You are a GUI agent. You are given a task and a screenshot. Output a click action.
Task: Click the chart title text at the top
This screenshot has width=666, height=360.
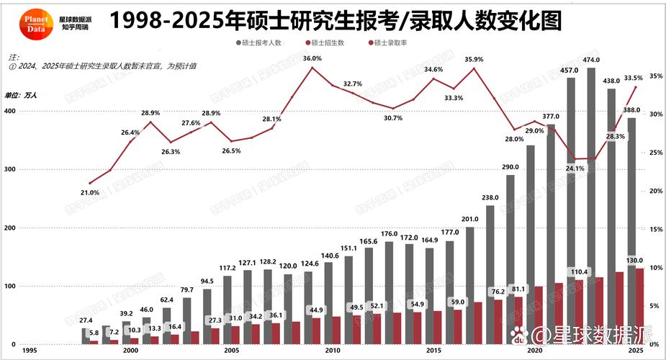tap(336, 21)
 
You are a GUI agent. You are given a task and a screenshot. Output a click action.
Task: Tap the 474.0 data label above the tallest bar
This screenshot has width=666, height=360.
tap(591, 60)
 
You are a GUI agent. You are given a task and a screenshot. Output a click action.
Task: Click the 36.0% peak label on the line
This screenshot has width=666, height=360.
tap(312, 58)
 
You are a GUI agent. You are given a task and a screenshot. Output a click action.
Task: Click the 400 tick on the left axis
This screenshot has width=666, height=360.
tap(9, 111)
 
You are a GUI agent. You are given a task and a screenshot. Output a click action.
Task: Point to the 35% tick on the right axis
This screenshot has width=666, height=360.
tap(655, 76)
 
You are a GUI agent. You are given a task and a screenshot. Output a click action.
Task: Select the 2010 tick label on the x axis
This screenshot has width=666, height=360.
tap(332, 351)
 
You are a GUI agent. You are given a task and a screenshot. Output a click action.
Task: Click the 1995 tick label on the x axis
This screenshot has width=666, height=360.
tap(30, 351)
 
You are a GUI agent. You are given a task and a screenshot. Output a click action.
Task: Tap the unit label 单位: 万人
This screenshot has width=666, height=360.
tap(21, 95)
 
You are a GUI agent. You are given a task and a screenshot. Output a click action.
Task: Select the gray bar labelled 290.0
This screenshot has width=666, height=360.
tap(510, 259)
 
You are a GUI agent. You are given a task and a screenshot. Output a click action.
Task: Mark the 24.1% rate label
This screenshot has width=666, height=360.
tap(574, 168)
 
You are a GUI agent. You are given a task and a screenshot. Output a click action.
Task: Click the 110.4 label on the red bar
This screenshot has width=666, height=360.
tap(579, 272)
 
